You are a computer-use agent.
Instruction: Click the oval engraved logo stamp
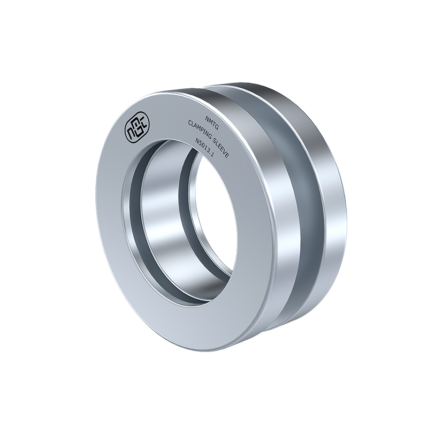click(x=137, y=127)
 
